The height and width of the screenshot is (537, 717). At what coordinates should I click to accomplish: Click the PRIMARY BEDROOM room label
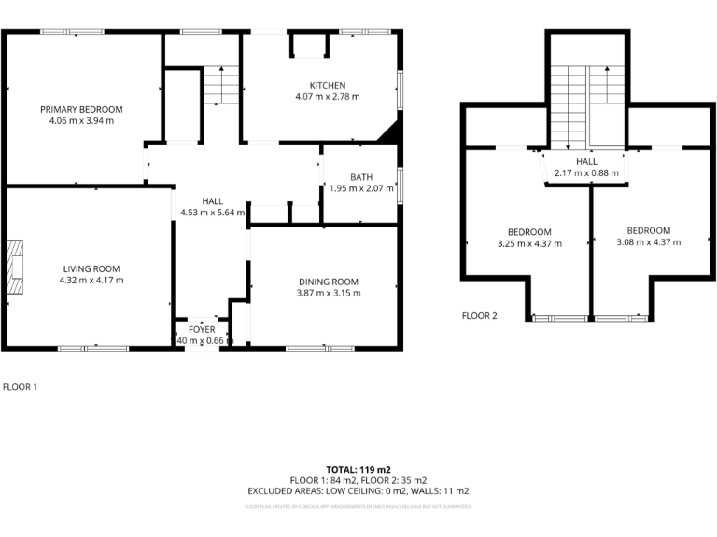81,109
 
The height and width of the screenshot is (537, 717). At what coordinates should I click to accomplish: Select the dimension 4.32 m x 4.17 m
91,280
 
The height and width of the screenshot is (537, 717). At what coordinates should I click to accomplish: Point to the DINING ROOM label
329,282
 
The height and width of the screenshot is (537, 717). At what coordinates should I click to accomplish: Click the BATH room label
361,177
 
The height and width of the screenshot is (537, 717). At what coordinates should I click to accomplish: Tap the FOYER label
202,329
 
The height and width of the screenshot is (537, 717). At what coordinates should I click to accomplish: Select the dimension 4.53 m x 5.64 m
213,212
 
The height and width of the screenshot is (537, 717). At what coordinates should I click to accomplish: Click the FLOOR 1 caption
21,385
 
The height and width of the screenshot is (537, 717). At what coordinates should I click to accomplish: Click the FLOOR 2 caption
480,315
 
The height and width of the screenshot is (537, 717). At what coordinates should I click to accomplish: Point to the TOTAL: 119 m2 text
358,469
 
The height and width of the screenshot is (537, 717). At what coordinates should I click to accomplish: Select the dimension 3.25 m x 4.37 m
529,244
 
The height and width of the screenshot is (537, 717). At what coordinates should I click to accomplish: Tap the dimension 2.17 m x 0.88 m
586,172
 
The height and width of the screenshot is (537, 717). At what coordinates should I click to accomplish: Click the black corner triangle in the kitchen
389,132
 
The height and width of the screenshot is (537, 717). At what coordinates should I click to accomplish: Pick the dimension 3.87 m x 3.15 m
329,293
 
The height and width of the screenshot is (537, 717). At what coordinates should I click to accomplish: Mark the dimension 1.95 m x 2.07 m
362,188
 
